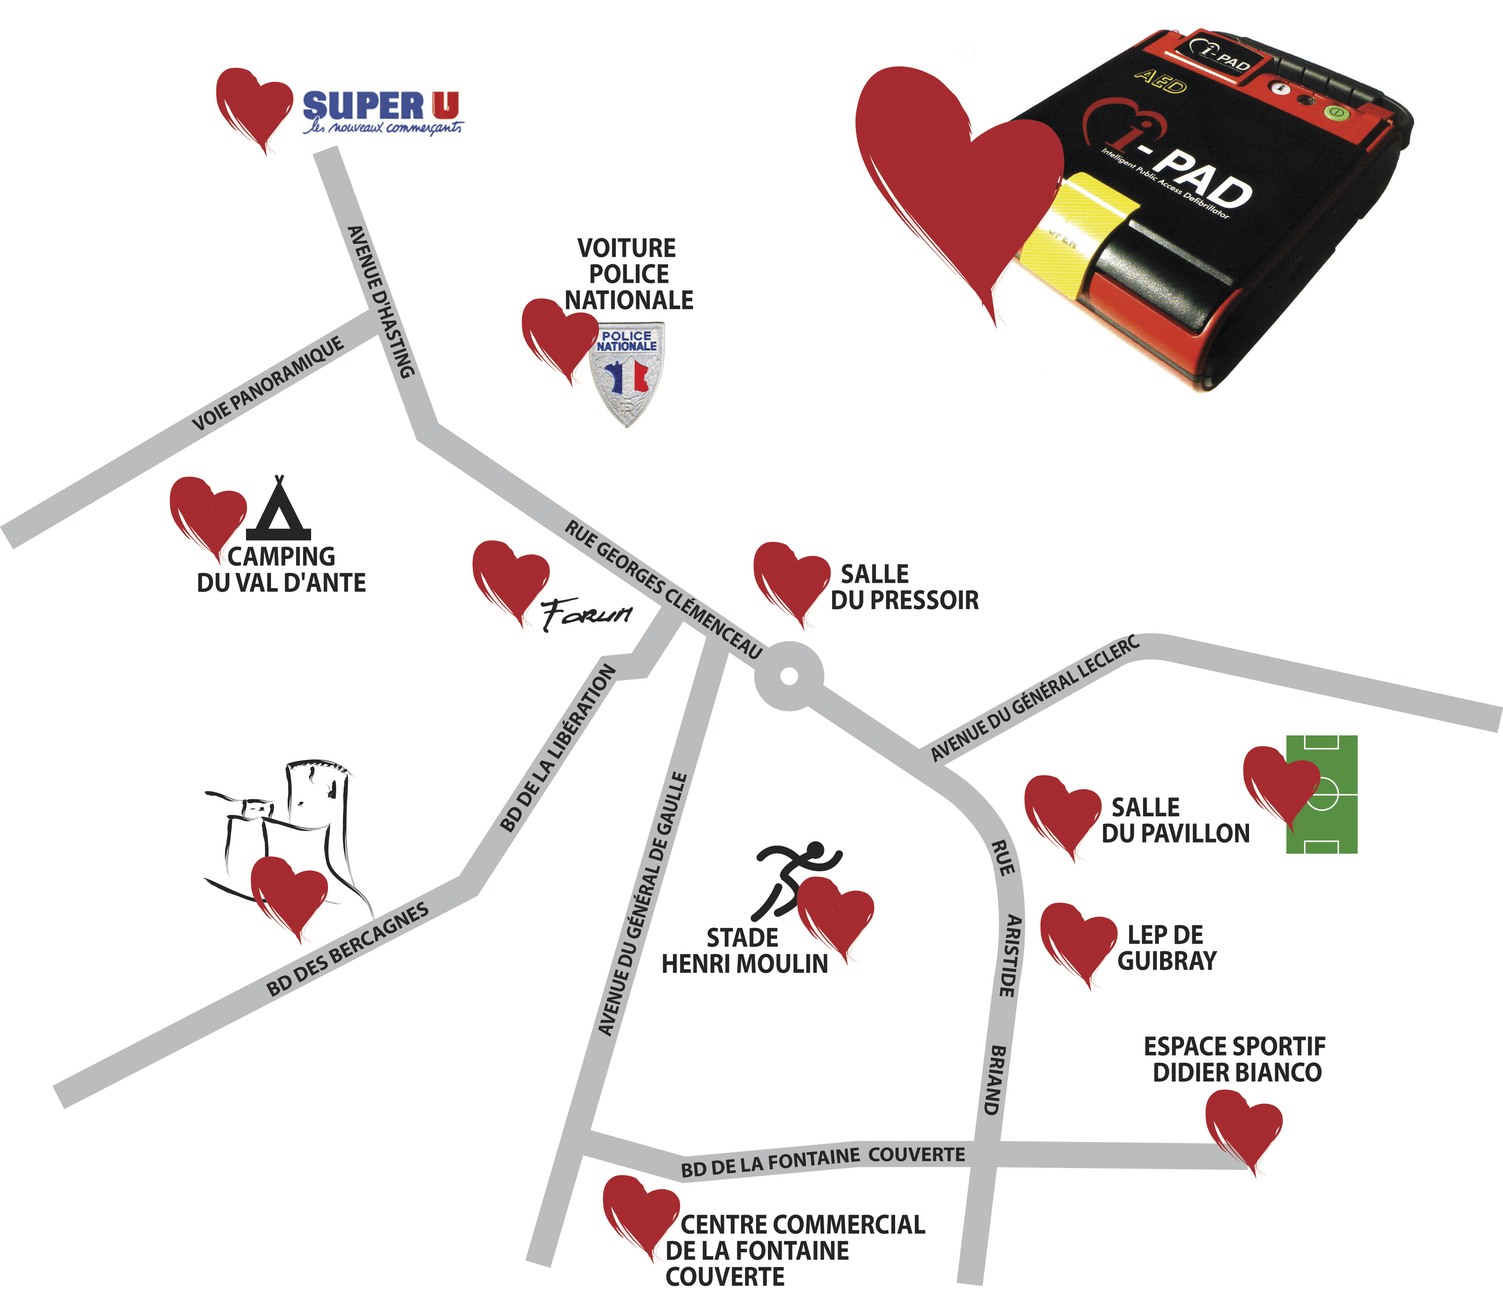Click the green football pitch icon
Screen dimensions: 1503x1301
(1322, 794)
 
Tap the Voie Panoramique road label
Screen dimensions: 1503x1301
(268, 383)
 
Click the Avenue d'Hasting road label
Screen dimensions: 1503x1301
(381, 301)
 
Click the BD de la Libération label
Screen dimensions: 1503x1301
(558, 748)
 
